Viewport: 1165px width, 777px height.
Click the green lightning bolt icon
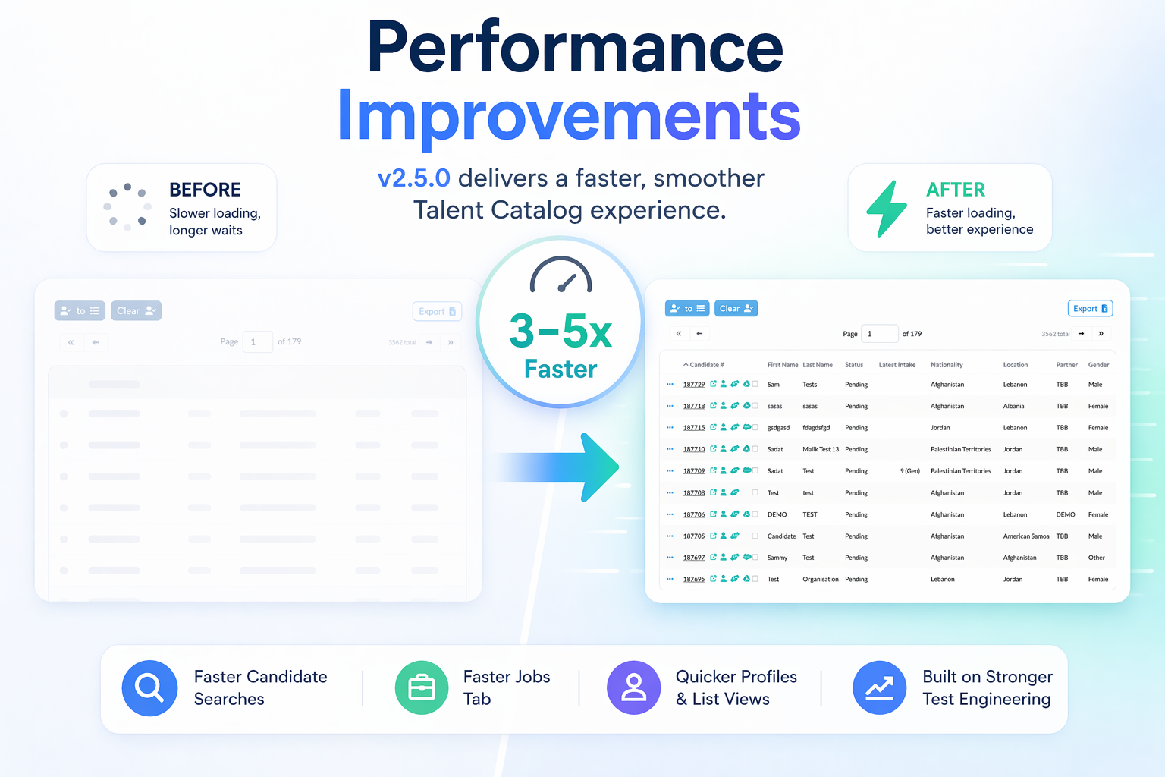point(887,209)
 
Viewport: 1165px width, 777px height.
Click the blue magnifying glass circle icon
point(149,688)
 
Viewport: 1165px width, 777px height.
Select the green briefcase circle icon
point(422,688)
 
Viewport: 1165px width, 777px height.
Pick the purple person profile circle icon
point(634,688)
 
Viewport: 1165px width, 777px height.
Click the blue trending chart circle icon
point(879,688)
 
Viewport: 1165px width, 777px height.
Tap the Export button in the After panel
point(1090,308)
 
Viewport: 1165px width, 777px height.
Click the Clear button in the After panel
point(736,308)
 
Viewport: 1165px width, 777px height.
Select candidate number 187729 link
point(693,385)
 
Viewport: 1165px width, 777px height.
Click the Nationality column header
point(947,365)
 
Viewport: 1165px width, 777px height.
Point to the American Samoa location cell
point(1025,536)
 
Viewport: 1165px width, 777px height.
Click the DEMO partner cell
point(1065,514)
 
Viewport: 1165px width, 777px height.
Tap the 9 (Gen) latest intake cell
point(909,471)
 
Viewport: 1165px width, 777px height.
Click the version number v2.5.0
point(414,178)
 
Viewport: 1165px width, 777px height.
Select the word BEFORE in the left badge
point(205,190)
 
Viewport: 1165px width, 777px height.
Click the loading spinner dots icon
point(127,206)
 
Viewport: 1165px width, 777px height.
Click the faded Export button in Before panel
point(437,311)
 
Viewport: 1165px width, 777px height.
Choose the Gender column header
point(1098,365)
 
